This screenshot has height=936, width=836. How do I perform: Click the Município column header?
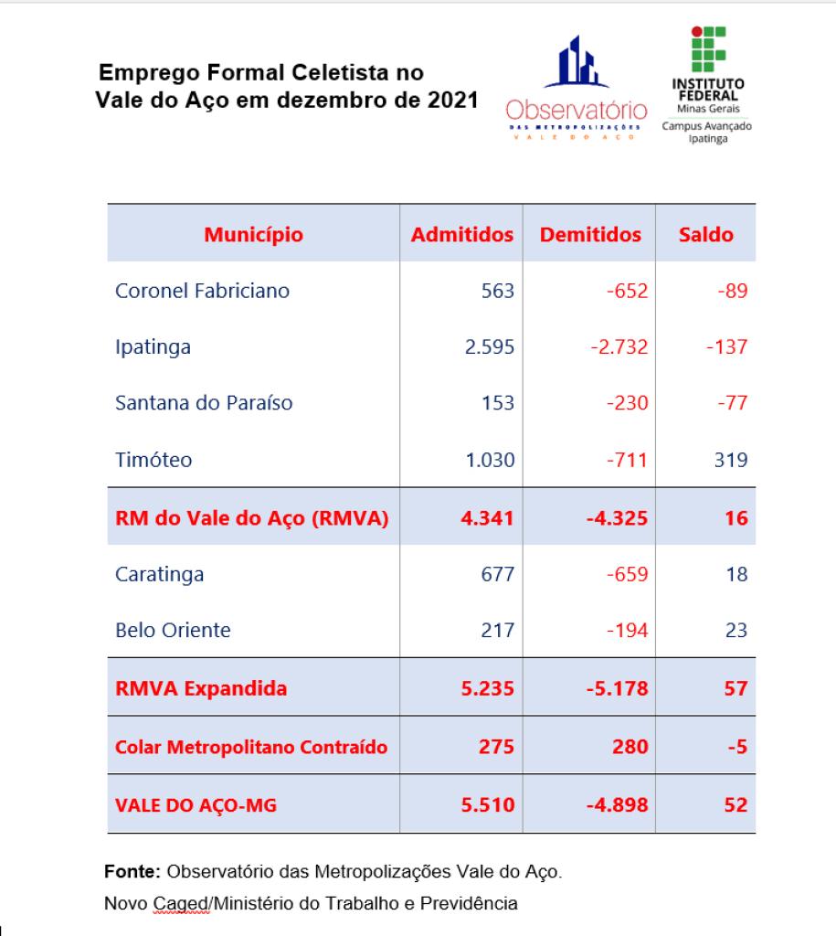click(x=254, y=235)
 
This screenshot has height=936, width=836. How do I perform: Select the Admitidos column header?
click(x=462, y=235)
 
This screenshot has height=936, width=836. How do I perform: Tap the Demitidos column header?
click(x=590, y=235)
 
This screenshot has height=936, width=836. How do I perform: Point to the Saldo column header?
click(x=706, y=235)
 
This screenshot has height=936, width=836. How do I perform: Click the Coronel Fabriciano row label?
click(x=202, y=291)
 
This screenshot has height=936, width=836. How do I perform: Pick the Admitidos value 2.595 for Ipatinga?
click(x=490, y=346)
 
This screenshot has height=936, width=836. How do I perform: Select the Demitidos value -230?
click(x=627, y=403)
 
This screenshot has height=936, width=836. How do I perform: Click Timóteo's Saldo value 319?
click(x=731, y=460)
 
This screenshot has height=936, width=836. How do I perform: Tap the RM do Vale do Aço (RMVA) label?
click(x=252, y=517)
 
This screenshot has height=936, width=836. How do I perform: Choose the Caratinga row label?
click(x=159, y=574)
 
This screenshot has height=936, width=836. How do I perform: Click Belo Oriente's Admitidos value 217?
click(x=498, y=631)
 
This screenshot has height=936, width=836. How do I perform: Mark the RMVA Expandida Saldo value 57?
click(x=735, y=688)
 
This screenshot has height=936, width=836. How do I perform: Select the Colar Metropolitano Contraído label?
click(x=251, y=747)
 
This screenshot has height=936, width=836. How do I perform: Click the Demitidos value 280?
click(x=630, y=747)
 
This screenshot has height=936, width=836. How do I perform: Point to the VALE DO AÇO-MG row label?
click(x=196, y=805)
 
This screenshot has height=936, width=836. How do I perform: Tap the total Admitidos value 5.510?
click(x=488, y=804)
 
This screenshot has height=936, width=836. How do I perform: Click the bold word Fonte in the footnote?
click(x=132, y=871)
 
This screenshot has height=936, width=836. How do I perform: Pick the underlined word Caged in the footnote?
click(x=182, y=904)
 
